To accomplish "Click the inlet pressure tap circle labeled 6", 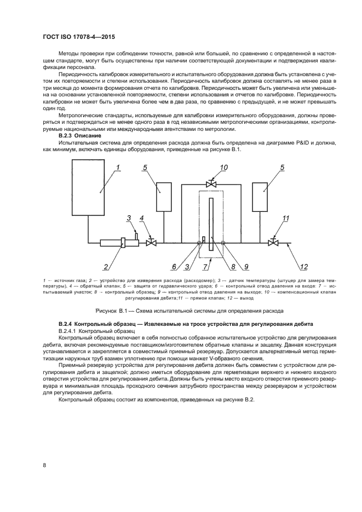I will click(199, 243).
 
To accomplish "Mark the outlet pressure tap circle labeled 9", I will click(223, 243).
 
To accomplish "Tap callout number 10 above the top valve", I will click(223, 167).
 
